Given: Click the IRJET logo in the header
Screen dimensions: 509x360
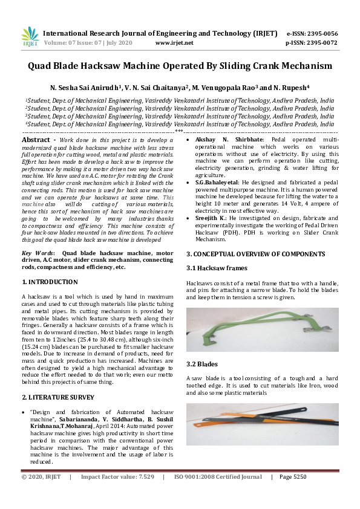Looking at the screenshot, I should pyautogui.click(x=29, y=37).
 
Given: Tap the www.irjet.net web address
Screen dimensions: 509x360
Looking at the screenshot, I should pyautogui.click(x=174, y=43).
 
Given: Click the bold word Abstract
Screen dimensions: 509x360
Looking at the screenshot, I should pyautogui.click(x=35, y=140).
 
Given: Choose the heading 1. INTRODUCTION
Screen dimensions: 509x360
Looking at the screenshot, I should pyautogui.click(x=50, y=282).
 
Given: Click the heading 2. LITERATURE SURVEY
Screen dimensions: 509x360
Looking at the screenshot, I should pyautogui.click(x=58, y=397).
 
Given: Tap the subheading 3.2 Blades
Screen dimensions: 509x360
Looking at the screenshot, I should pyautogui.click(x=202, y=364).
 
